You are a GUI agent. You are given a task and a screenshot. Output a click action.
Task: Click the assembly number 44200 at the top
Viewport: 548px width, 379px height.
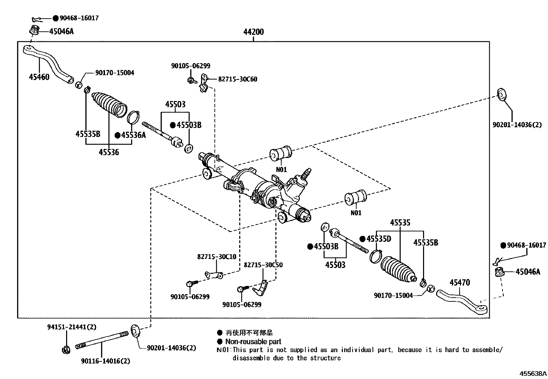click(x=253, y=32)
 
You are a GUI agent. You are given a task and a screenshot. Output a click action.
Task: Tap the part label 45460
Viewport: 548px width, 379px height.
click(x=39, y=77)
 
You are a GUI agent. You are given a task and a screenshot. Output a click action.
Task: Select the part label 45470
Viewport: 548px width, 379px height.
click(x=460, y=283)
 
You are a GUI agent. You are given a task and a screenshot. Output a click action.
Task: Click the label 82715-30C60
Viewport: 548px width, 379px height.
click(x=238, y=79)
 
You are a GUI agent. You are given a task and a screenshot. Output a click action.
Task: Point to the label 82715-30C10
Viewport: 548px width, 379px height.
click(x=217, y=257)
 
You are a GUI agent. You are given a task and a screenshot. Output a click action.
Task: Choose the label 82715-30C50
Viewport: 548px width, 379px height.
click(x=263, y=265)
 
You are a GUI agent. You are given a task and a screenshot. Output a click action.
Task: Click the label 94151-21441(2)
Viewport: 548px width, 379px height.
click(x=72, y=327)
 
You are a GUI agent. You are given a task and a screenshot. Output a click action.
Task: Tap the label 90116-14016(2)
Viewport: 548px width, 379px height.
click(x=106, y=361)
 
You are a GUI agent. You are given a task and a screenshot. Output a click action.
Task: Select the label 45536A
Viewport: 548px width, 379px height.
click(x=134, y=135)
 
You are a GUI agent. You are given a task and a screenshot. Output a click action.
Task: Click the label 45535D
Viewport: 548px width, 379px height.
click(x=379, y=239)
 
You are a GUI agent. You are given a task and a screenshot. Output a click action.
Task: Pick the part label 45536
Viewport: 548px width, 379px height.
click(x=109, y=152)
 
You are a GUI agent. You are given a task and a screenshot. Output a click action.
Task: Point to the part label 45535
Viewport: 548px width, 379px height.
click(x=400, y=222)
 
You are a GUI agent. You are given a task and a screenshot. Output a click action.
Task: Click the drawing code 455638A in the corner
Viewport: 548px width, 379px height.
click(x=533, y=373)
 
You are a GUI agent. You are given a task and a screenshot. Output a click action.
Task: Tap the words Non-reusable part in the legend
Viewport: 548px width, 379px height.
click(x=253, y=341)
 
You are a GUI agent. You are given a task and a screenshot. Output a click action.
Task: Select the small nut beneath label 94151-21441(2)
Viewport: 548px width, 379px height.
click(x=66, y=350)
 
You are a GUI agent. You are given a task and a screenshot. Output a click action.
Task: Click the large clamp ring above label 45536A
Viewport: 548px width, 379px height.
click(x=133, y=118)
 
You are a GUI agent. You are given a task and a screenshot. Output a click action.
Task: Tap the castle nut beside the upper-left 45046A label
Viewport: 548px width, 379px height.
click(x=35, y=30)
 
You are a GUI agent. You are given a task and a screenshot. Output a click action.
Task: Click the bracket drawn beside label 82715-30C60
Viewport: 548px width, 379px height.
click(x=203, y=83)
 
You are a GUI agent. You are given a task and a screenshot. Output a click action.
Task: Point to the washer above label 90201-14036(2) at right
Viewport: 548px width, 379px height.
click(x=502, y=94)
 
